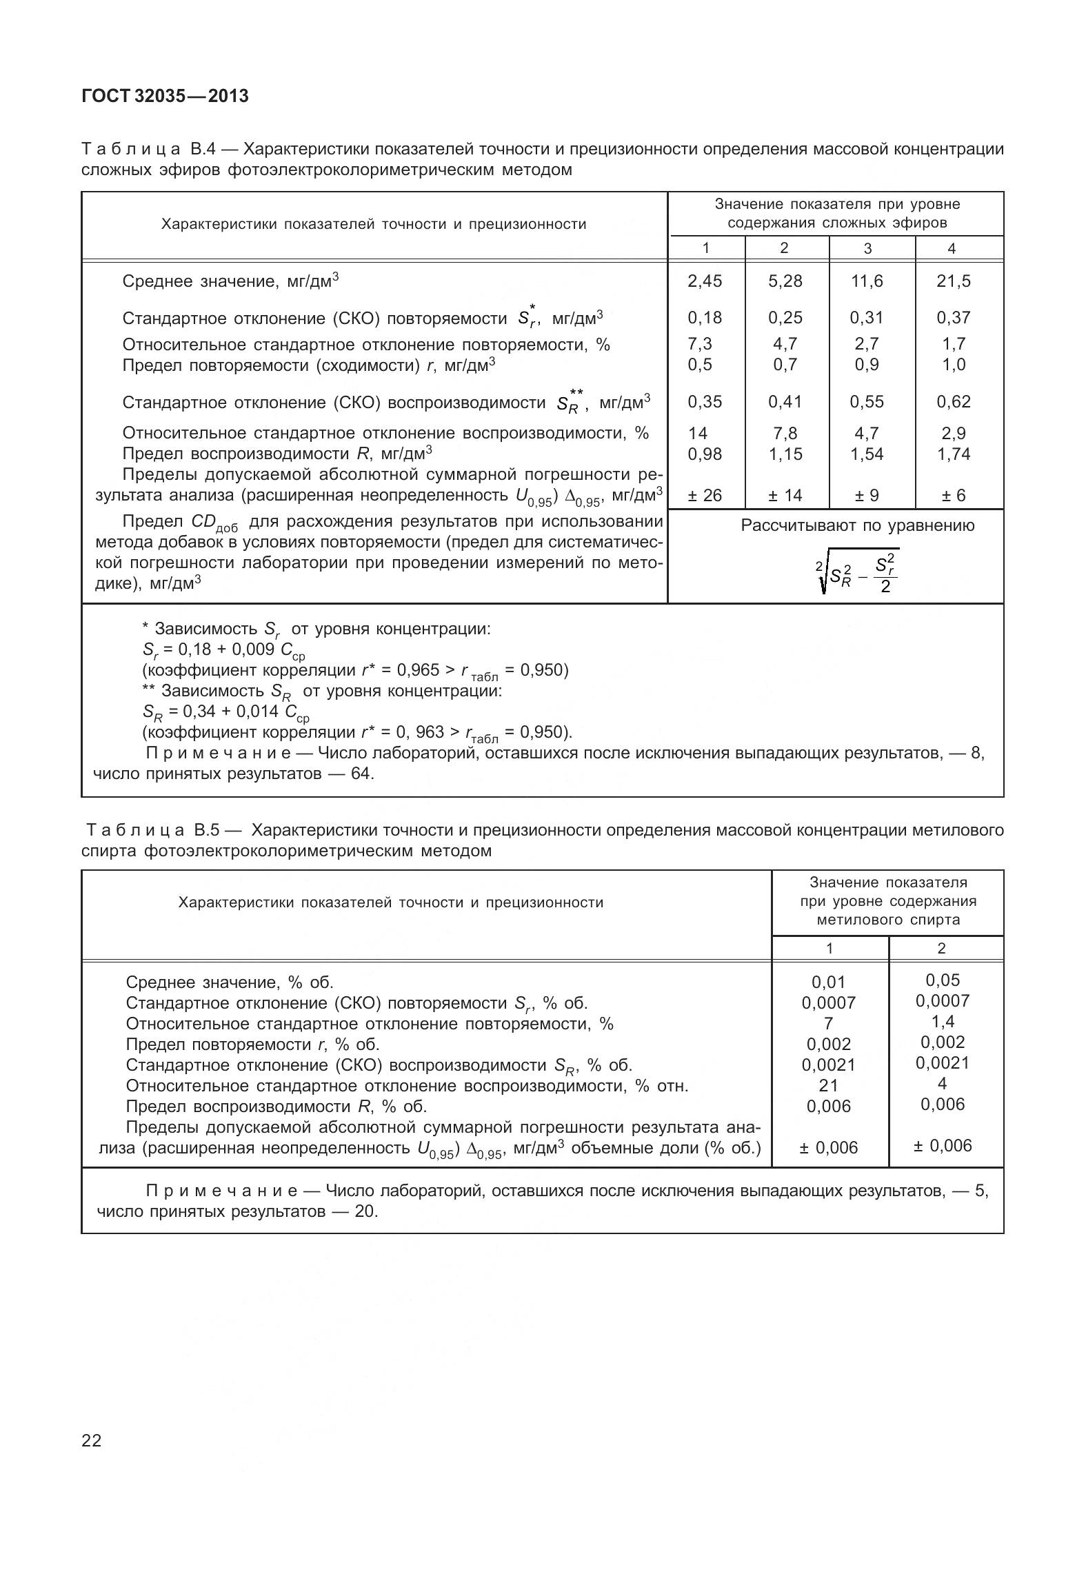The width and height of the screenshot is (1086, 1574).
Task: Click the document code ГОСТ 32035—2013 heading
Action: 165,97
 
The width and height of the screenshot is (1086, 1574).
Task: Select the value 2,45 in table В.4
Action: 705,281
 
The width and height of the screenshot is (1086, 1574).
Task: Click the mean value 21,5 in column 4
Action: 953,281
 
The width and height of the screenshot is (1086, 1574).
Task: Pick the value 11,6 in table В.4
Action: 867,281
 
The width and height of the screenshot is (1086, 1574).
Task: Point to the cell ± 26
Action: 705,495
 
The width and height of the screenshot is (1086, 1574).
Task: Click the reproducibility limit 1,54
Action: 867,454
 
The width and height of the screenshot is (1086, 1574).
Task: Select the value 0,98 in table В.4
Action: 705,454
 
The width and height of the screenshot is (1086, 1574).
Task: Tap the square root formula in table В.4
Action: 857,572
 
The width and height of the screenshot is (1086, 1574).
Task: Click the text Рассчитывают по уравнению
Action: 857,525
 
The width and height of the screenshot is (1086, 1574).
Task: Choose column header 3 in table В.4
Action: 867,248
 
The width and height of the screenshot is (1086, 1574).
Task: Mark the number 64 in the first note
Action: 361,774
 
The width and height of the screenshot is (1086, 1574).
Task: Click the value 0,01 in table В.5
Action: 828,982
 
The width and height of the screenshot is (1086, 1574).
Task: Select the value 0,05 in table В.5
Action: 943,980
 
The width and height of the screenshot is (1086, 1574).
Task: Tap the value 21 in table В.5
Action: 828,1085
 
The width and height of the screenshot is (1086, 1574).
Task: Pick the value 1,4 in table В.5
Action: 943,1021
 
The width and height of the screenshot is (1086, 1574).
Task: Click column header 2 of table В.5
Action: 942,948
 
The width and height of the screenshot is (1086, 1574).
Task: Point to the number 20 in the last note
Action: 365,1211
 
